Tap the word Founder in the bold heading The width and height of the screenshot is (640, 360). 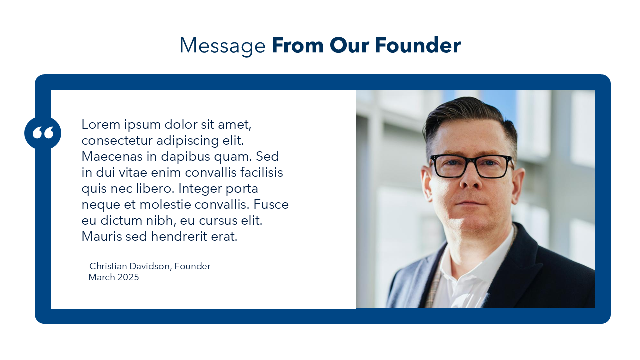tap(418, 45)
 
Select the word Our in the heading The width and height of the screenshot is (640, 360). tap(349, 45)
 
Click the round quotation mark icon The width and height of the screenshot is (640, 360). tap(43, 133)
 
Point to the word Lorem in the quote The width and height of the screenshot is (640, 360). tap(101, 124)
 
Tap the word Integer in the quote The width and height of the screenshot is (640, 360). tap(200, 189)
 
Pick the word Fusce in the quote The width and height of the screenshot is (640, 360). tap(271, 204)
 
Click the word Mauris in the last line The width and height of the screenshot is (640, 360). tap(102, 236)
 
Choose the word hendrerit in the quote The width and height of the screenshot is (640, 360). tap(179, 236)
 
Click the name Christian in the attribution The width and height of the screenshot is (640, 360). tap(108, 266)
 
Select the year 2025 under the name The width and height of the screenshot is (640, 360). tap(128, 277)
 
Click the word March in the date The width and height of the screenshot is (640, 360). tap(101, 277)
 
